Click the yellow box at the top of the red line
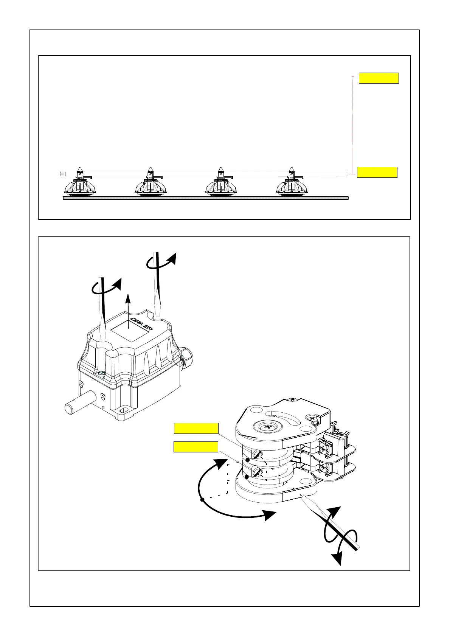click(379, 78)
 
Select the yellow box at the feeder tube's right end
click(377, 172)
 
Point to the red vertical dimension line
click(352, 125)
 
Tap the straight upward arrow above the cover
click(129, 310)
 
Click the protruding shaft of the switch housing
click(78, 406)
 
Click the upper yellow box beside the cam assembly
click(196, 428)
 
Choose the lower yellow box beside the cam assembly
click(196, 447)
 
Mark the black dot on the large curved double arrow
click(202, 500)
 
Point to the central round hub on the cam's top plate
click(268, 426)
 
